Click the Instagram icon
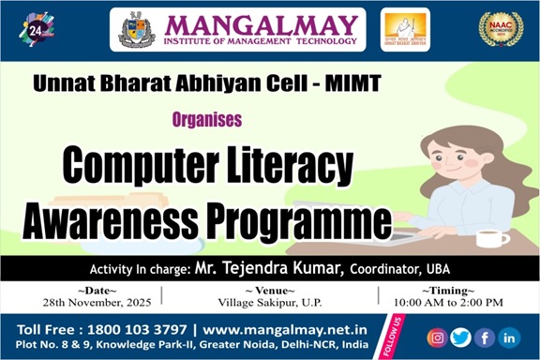pos(437,337)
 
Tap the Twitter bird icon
pos(460,337)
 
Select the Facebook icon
pos(485,337)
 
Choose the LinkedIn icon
pos(509,337)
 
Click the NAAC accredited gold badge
pos(500,29)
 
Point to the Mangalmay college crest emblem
pos(137,29)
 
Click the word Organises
pos(207,119)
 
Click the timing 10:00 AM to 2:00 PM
pos(449,302)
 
